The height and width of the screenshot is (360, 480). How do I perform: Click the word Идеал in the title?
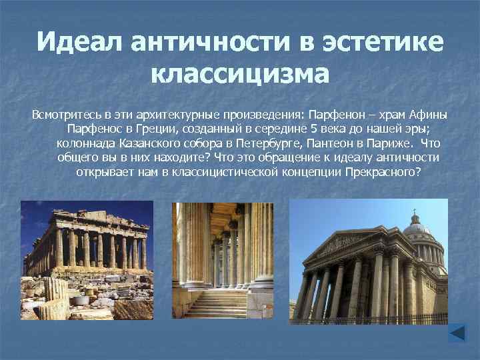click(79, 43)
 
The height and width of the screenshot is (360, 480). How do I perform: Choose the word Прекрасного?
click(386, 172)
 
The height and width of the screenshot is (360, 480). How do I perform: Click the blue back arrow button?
click(458, 333)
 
